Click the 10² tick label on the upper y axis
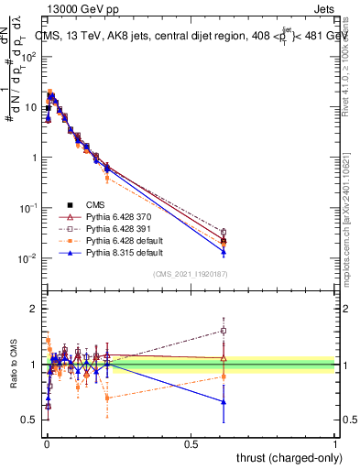pyautogui.click(x=29, y=57)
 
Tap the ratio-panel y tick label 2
pyautogui.click(x=35, y=309)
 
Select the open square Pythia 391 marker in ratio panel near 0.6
pyautogui.click(x=224, y=331)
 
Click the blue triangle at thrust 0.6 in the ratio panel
pyautogui.click(x=224, y=402)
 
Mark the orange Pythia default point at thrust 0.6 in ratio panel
pyautogui.click(x=224, y=376)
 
